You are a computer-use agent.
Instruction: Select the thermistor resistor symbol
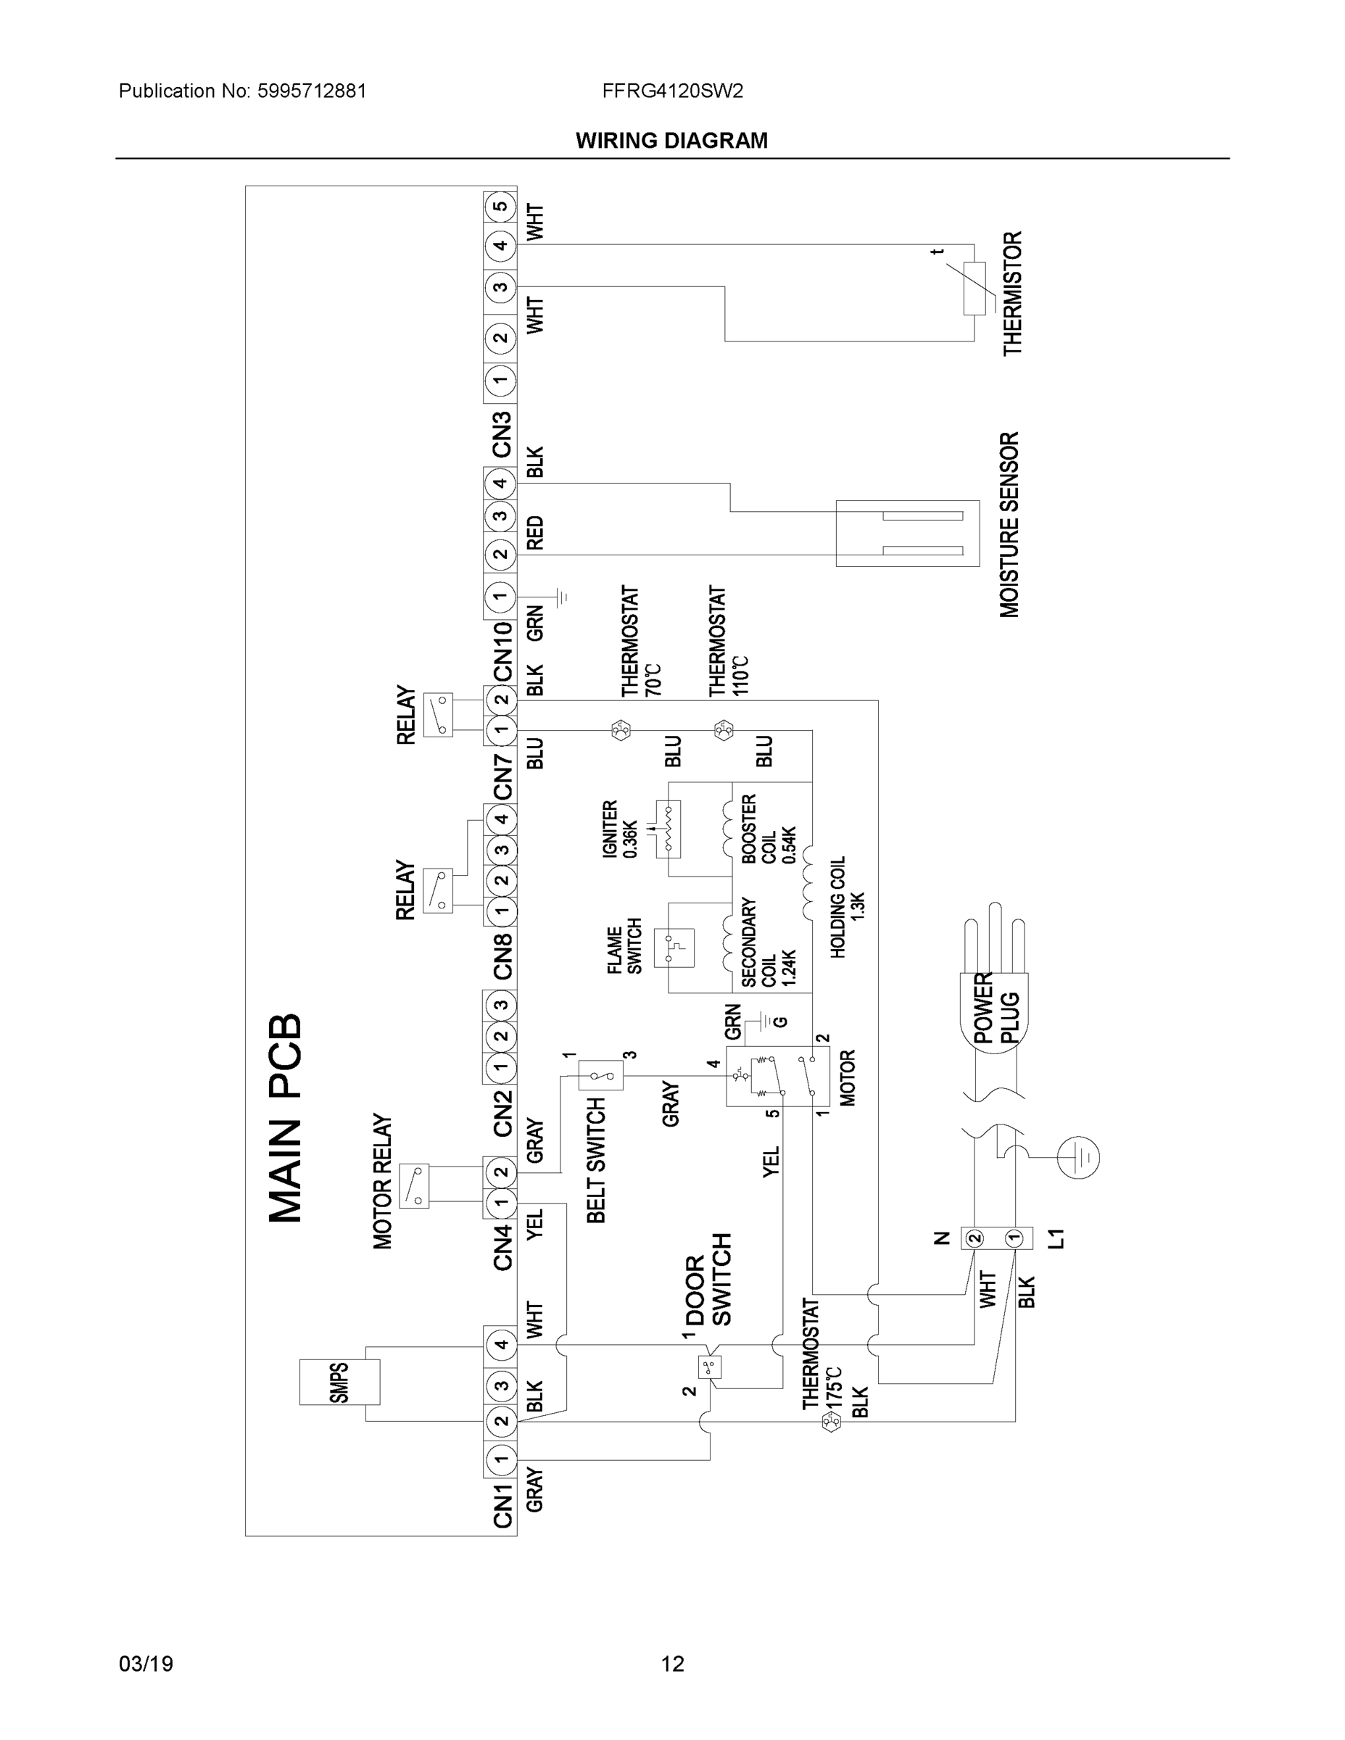[x=974, y=289]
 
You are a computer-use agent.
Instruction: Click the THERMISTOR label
[x=1011, y=293]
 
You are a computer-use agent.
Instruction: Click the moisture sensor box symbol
[x=907, y=533]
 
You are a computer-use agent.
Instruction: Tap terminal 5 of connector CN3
[x=500, y=207]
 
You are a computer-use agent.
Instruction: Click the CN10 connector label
[x=502, y=652]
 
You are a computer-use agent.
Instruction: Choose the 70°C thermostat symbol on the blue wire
[x=620, y=730]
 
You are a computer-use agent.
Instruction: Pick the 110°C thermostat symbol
[x=724, y=730]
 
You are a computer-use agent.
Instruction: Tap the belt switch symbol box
[x=601, y=1077]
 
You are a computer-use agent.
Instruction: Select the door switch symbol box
[x=708, y=1367]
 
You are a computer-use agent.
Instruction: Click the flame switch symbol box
[x=674, y=948]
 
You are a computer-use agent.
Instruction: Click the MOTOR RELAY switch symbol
[x=413, y=1185]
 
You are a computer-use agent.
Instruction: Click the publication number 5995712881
[x=312, y=91]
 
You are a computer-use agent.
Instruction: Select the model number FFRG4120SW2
[x=673, y=91]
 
